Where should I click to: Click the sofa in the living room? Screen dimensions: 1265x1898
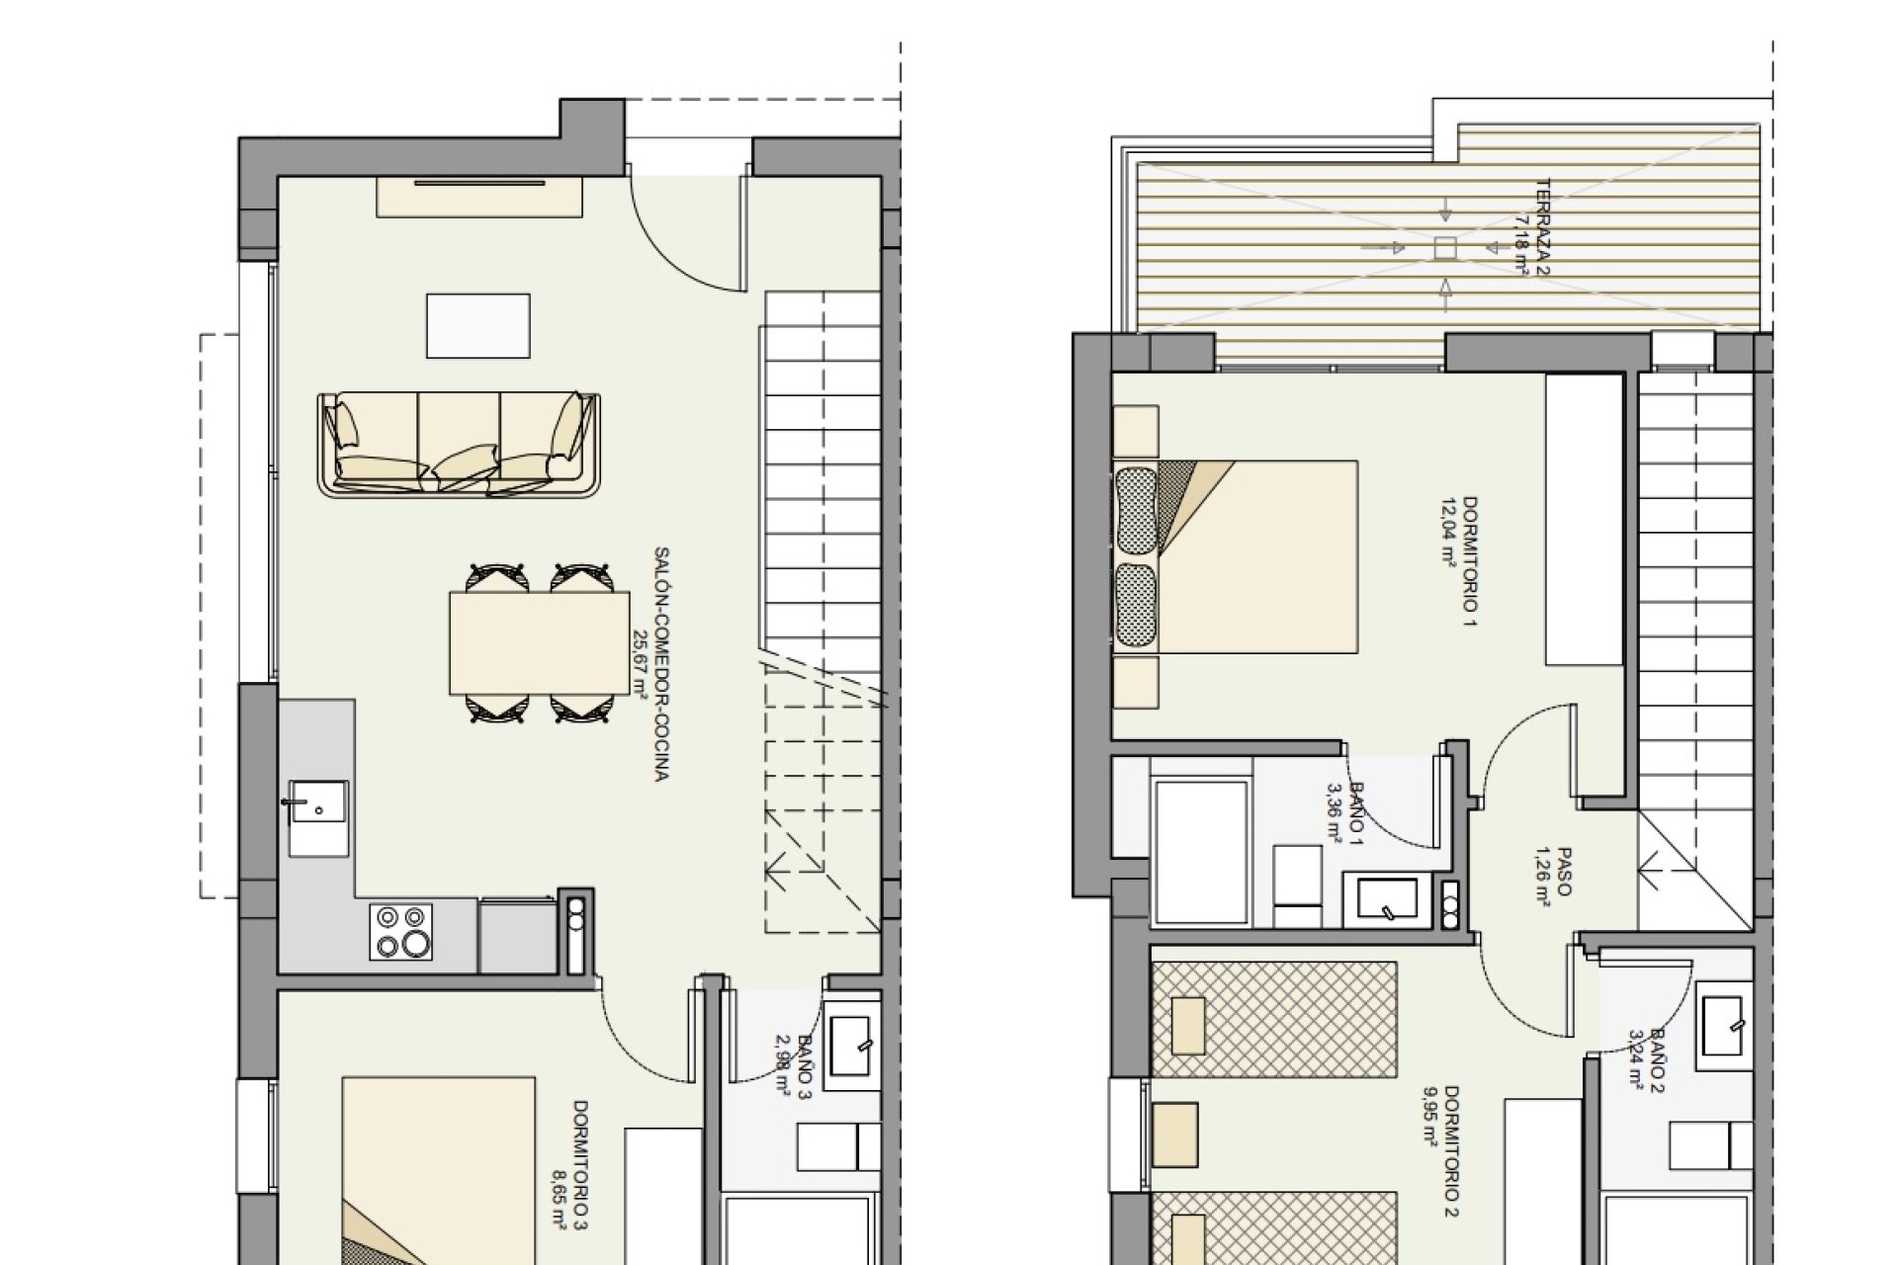point(459,444)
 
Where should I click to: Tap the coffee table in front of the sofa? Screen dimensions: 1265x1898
point(477,325)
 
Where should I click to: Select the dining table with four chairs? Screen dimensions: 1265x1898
point(539,643)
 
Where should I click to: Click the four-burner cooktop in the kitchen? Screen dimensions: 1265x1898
point(401,932)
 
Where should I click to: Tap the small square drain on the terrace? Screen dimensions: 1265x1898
point(1445,248)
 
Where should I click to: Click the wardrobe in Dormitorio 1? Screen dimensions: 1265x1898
point(1584,519)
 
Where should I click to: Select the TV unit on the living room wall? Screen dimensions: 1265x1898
point(479,197)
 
